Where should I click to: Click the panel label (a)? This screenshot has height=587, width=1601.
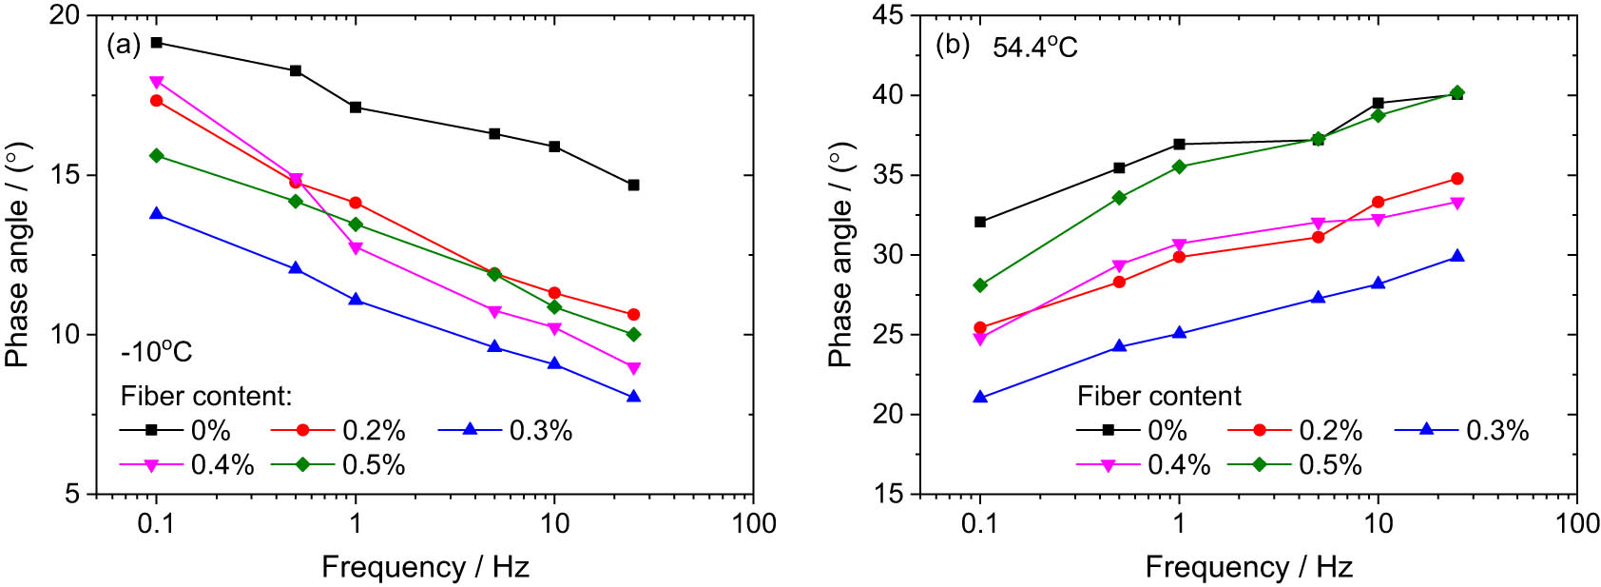point(125,45)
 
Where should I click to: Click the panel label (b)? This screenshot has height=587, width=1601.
point(953,45)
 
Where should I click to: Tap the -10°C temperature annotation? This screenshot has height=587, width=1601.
point(157,352)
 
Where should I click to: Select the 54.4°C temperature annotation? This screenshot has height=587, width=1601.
point(1034,47)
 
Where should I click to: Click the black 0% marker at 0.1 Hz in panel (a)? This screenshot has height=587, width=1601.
point(157,42)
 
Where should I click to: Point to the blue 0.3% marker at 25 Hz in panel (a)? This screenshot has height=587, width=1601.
point(633,396)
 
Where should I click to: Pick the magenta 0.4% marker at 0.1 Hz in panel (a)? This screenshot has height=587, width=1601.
point(157,82)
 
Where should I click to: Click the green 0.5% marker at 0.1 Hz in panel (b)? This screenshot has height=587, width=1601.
point(980,285)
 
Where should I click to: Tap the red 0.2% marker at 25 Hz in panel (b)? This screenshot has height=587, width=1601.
point(1457,179)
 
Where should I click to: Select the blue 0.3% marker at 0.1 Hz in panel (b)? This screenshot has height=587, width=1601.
point(980,397)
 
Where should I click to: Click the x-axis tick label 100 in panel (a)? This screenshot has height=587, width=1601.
point(753,524)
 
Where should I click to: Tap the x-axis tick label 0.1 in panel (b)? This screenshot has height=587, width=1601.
point(980,524)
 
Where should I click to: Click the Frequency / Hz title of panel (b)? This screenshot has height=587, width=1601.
point(1248,568)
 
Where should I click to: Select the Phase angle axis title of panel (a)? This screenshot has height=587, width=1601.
point(17,256)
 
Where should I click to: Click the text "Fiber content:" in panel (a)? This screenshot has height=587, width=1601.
point(206,396)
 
